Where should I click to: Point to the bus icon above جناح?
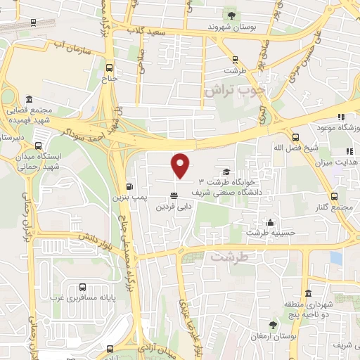tap(109, 68)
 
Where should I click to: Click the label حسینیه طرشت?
tap(267, 232)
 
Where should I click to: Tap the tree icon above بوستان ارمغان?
tap(273, 324)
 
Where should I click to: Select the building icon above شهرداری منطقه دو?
tap(308, 293)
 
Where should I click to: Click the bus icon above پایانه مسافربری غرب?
tap(83, 287)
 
